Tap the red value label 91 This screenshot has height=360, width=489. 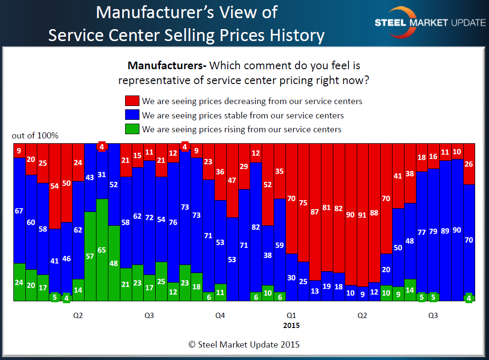362,215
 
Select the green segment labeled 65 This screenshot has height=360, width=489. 102,250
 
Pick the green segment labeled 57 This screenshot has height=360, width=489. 90,256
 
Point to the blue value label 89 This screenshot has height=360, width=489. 445,231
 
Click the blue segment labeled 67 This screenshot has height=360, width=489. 19,211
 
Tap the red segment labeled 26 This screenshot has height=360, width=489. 468,164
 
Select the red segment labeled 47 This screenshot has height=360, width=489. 232,180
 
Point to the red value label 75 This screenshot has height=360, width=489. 303,202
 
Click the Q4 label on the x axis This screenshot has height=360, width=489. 220,316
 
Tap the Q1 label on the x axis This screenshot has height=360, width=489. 291,316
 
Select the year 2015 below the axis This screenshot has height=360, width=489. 291,326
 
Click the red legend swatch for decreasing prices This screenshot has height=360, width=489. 132,101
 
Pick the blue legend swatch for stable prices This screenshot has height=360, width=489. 132,115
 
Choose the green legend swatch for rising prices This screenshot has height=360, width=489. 132,129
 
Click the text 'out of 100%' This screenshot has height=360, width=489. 35,136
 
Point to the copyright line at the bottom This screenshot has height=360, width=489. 244,344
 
